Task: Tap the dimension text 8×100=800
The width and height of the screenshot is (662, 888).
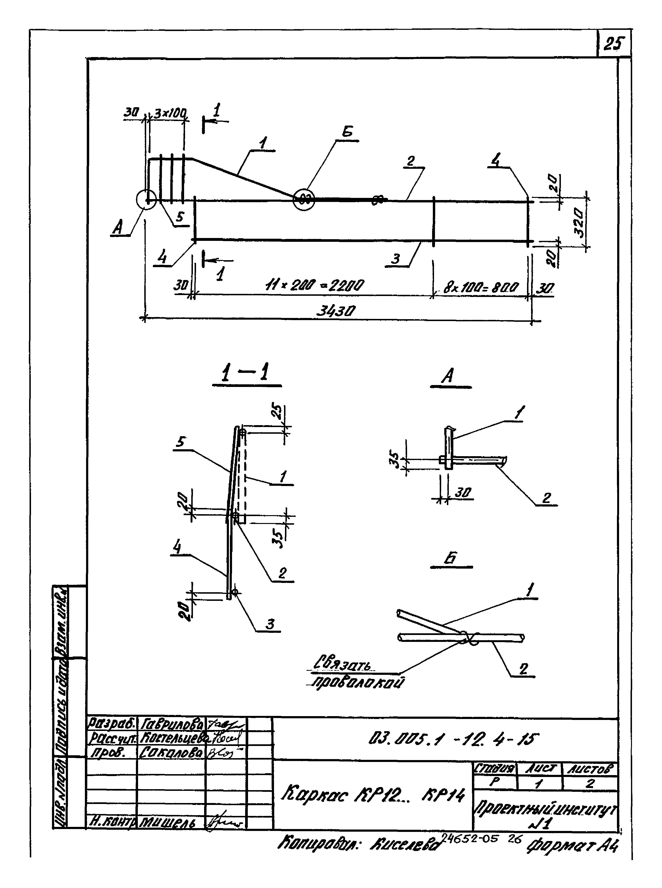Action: coord(481,287)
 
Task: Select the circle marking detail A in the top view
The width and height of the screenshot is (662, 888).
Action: coord(146,199)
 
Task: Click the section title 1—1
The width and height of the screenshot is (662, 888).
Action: coord(246,373)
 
